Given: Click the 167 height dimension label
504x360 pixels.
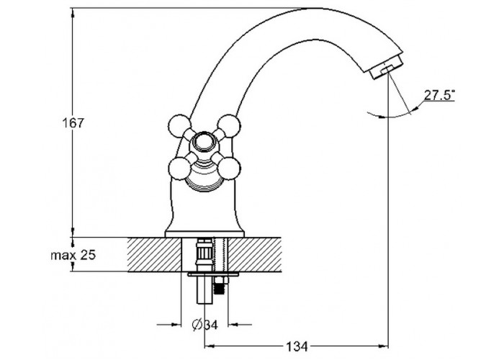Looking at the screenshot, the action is coord(73,123).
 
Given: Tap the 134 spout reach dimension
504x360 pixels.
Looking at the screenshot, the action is coord(296,346).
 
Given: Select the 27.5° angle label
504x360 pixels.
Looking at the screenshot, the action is coord(439,95).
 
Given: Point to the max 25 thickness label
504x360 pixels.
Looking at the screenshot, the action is coord(73,256).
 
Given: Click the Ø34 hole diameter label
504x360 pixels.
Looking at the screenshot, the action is coord(204,325).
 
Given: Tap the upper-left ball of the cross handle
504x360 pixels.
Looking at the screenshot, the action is coord(179,126).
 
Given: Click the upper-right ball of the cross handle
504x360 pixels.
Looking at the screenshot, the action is coord(228,125).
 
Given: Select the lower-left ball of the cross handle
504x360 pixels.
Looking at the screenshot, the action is coord(179,168).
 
